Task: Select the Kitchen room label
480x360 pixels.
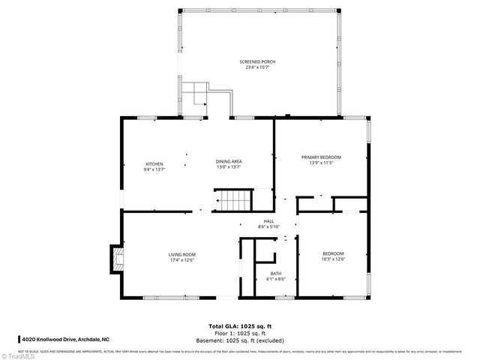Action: (154, 163)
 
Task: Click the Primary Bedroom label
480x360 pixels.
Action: (321, 157)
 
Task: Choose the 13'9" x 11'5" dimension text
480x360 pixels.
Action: (321, 163)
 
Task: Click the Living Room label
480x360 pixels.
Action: (182, 255)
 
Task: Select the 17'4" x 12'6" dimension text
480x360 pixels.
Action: (182, 261)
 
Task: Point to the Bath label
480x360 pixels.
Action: (276, 274)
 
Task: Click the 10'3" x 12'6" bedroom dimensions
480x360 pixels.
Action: (333, 259)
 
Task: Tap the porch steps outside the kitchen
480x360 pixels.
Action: (197, 96)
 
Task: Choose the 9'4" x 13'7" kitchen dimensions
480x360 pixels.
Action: (154, 169)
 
